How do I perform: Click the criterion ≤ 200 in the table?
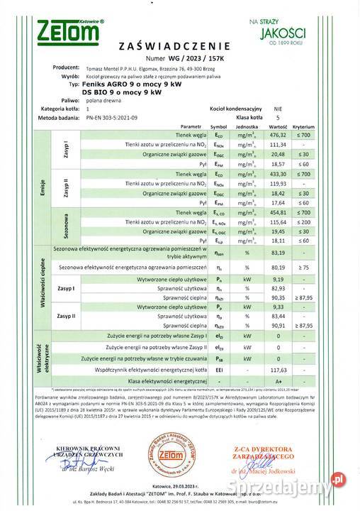(x=325, y=222)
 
